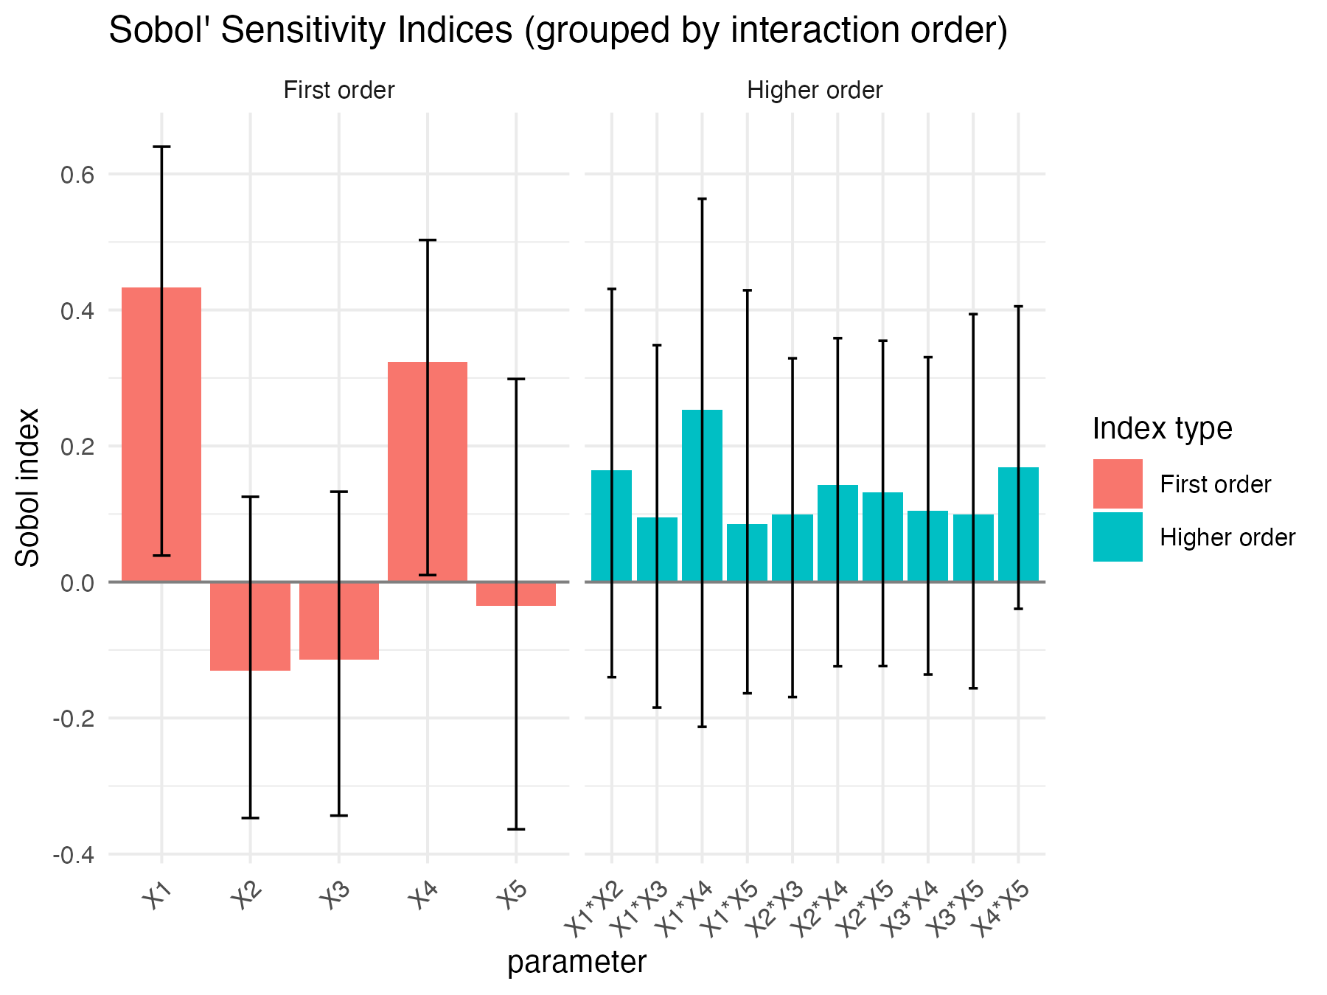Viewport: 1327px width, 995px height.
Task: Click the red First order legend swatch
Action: [x=1118, y=484]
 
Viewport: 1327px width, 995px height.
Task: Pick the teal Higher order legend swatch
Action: [x=1118, y=537]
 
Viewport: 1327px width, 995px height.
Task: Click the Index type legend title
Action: [x=1162, y=428]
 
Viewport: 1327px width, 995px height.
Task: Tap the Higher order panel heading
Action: [x=815, y=91]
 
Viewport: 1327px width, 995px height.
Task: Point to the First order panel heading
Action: [x=339, y=91]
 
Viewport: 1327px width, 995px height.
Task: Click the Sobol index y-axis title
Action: [x=28, y=488]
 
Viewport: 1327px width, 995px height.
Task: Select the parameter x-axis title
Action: [x=577, y=963]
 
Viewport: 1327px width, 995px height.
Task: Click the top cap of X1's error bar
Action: [x=161, y=147]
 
